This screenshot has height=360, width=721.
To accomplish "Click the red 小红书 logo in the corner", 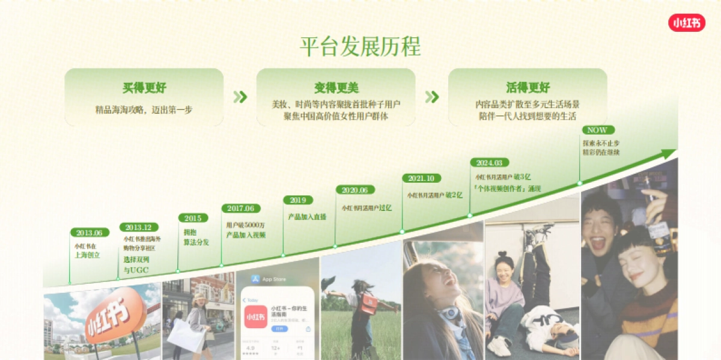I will tap(687, 23).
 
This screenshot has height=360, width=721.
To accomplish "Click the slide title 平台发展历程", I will tap(360, 46).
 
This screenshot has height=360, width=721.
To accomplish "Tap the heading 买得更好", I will tap(144, 88).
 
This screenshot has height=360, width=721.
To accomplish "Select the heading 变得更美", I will tap(336, 88).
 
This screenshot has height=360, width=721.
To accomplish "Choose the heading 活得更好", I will tap(528, 88).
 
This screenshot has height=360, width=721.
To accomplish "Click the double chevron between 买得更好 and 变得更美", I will tap(240, 97).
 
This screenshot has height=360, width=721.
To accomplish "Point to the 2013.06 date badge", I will tap(90, 233).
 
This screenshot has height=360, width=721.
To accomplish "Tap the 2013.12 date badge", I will tap(139, 227).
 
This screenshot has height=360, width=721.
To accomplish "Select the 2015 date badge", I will tap(193, 218).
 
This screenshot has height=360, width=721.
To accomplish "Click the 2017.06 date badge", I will tap(241, 209).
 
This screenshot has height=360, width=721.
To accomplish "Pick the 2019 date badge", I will tap(298, 200).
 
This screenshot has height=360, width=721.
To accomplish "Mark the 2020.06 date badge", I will tap(355, 190).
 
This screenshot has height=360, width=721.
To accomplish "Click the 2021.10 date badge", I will tap(421, 178).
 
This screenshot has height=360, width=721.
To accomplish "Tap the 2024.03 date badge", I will tap(490, 162).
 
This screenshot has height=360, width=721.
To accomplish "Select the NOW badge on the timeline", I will tap(597, 130).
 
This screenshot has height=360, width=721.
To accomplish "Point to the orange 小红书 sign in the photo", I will tap(114, 315).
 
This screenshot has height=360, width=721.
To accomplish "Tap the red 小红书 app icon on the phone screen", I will tap(255, 315).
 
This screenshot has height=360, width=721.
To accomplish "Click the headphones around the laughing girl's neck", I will tap(449, 313).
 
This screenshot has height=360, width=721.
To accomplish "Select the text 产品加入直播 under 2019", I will tap(307, 216).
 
